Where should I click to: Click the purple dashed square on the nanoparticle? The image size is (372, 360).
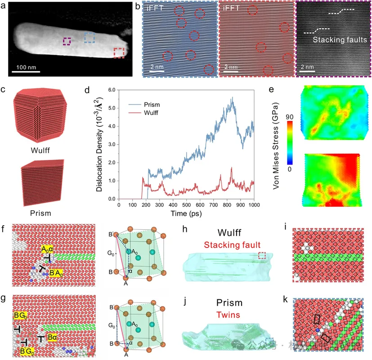pos(67,41)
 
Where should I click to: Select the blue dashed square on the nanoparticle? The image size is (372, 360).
pos(90,37)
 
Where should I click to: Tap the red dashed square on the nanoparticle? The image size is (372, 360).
pos(119,53)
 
